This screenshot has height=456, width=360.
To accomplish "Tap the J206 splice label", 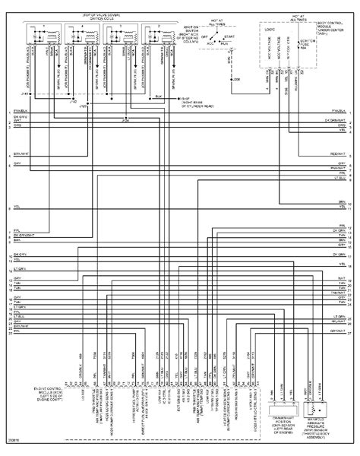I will (x=237, y=78).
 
